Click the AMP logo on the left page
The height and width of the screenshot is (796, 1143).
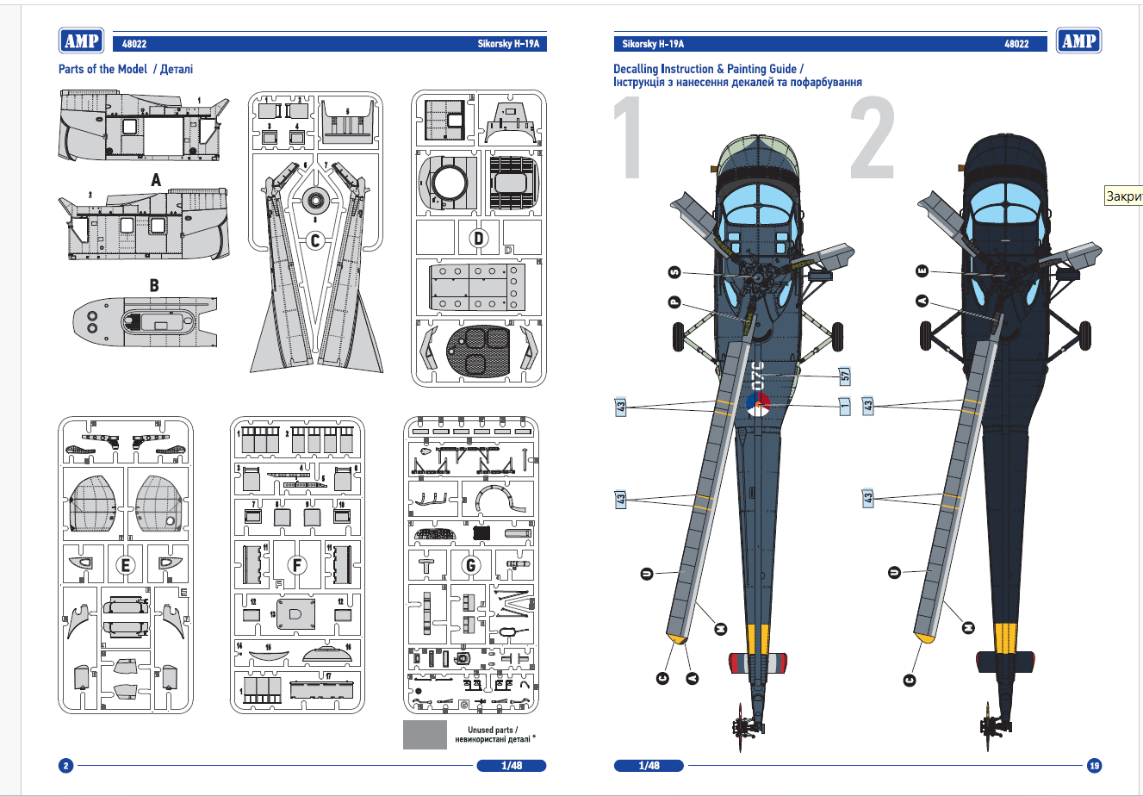(x=82, y=40)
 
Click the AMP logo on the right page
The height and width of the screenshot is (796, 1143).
(x=1078, y=40)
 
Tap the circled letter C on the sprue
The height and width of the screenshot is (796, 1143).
(x=315, y=239)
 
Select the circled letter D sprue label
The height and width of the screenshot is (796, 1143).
(x=478, y=238)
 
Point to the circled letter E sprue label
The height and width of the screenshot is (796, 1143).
(x=126, y=565)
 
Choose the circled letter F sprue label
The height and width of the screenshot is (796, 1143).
(x=297, y=565)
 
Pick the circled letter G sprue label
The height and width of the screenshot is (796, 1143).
(x=470, y=565)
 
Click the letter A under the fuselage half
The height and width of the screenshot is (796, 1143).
(x=156, y=180)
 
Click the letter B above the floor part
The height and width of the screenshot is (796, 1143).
(x=154, y=285)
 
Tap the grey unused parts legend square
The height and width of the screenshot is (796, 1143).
(x=425, y=734)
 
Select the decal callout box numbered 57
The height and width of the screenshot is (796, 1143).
(x=845, y=376)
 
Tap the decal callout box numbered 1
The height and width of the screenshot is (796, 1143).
(x=845, y=405)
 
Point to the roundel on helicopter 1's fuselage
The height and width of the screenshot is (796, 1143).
(x=757, y=403)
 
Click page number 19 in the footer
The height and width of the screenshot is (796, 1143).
(x=1094, y=765)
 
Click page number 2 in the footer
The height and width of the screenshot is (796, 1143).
(x=65, y=765)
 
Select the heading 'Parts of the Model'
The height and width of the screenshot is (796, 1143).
(x=102, y=69)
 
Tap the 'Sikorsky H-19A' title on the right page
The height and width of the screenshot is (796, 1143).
(x=653, y=44)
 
